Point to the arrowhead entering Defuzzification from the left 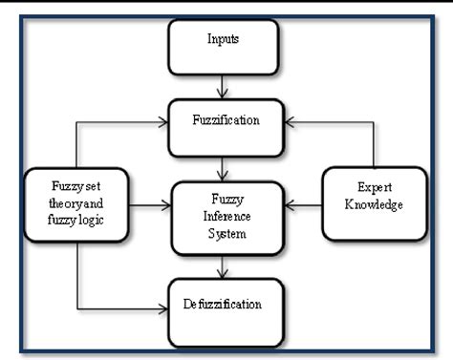[163, 307]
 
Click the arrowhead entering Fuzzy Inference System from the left [163, 204]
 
